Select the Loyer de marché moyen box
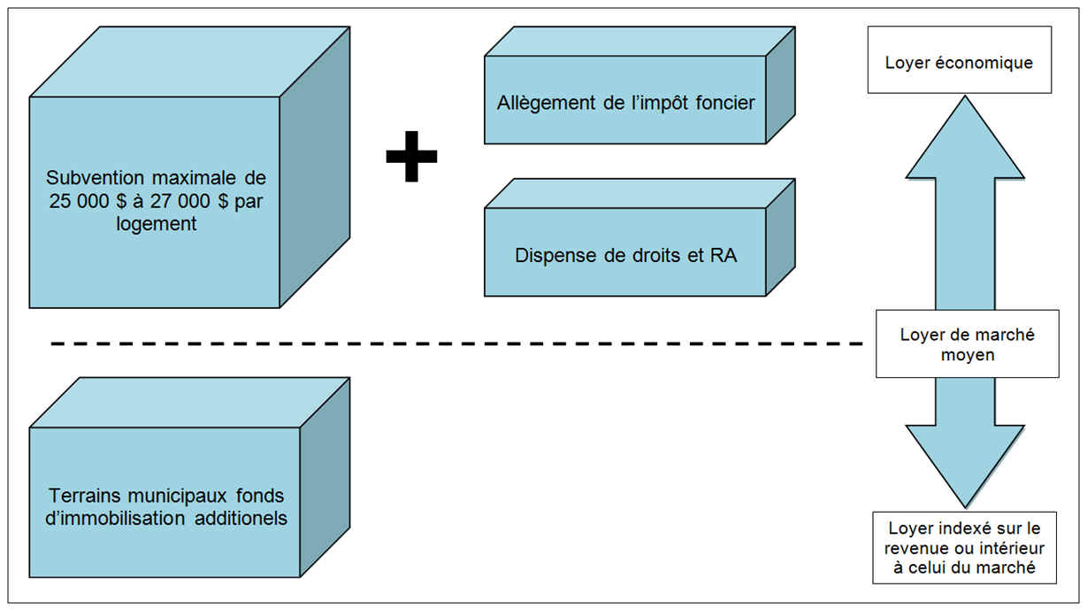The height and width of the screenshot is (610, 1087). click(x=967, y=344)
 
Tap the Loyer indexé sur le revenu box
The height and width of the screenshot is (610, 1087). click(x=964, y=546)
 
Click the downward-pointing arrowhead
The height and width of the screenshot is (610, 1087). click(x=965, y=460)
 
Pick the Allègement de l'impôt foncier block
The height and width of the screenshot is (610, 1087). click(x=624, y=104)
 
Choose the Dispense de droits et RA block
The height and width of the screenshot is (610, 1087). click(x=624, y=257)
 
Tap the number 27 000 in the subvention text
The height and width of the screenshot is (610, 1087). click(x=186, y=201)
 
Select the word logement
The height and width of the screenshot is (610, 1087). click(x=156, y=224)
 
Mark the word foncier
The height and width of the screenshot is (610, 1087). click(x=723, y=104)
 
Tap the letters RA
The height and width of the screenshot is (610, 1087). click(x=724, y=257)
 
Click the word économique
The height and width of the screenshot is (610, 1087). click(x=982, y=64)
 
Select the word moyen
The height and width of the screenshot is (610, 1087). click(x=967, y=355)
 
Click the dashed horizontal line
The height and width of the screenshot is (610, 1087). click(x=442, y=343)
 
